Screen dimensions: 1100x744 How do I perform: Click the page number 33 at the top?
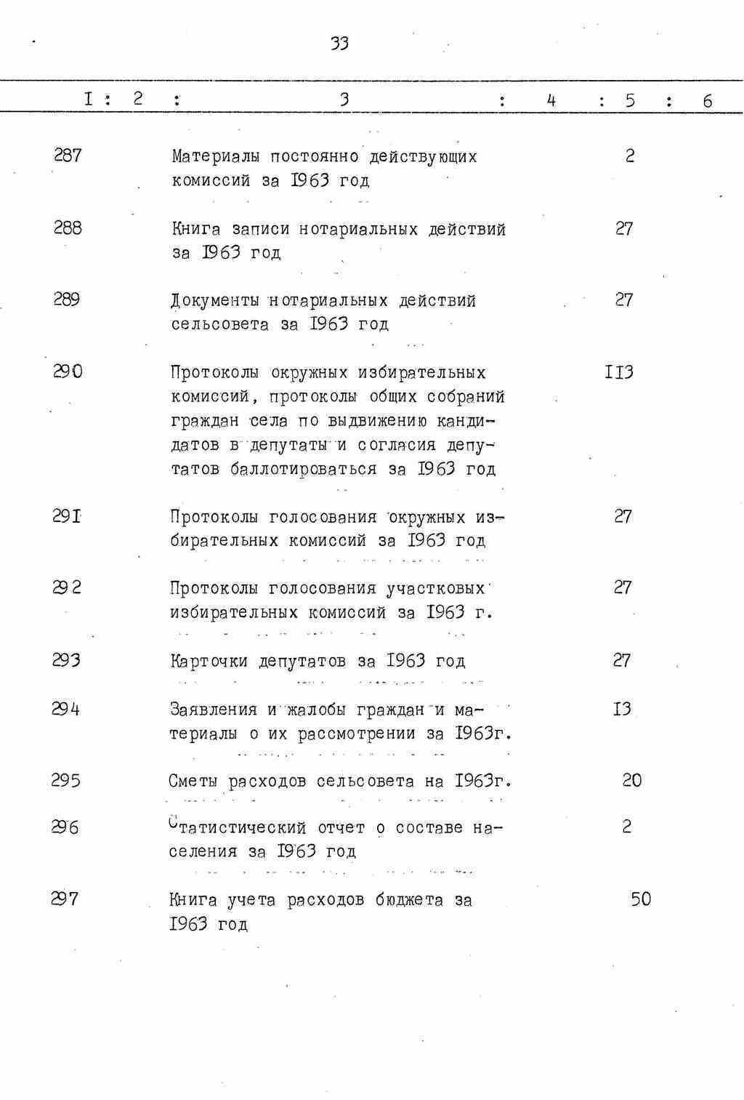339,44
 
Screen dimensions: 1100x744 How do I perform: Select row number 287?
68,155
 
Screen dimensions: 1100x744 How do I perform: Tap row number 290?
68,372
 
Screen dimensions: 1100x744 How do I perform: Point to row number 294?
66,708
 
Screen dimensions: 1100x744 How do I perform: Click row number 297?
65,899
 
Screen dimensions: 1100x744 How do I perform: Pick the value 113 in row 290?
619,372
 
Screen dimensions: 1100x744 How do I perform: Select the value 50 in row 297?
640,899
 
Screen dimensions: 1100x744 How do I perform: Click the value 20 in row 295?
631,780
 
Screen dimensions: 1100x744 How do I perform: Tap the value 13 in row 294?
622,709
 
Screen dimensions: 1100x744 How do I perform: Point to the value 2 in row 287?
629,156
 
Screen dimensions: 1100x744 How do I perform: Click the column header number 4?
551,100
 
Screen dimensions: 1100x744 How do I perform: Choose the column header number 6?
707,101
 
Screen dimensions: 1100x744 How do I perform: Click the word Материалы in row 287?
215,156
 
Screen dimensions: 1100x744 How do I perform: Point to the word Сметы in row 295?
193,782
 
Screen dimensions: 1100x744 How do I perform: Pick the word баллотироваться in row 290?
303,469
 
